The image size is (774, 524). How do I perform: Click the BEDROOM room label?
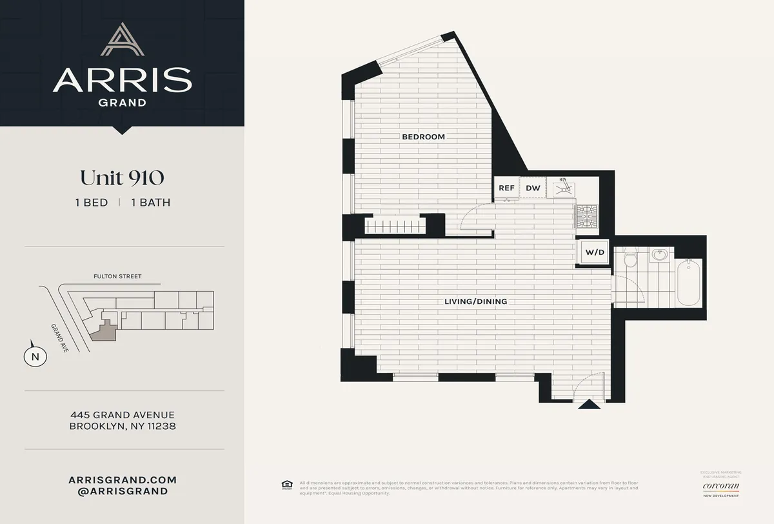coord(423,137)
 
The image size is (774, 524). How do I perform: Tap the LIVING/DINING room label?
coord(475,301)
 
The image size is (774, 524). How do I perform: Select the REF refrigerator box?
coord(506,188)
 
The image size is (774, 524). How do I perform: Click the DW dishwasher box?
coord(533,188)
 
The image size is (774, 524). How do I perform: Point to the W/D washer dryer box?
coord(595,252)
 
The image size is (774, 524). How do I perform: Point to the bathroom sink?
coord(659,256)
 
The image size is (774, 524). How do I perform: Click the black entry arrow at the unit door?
coord(587,405)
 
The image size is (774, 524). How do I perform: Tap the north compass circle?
coord(35,356)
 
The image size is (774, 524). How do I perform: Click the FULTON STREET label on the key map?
coord(116,276)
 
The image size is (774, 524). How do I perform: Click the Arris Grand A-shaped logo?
coord(121,40)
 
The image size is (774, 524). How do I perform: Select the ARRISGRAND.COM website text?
coord(122,480)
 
